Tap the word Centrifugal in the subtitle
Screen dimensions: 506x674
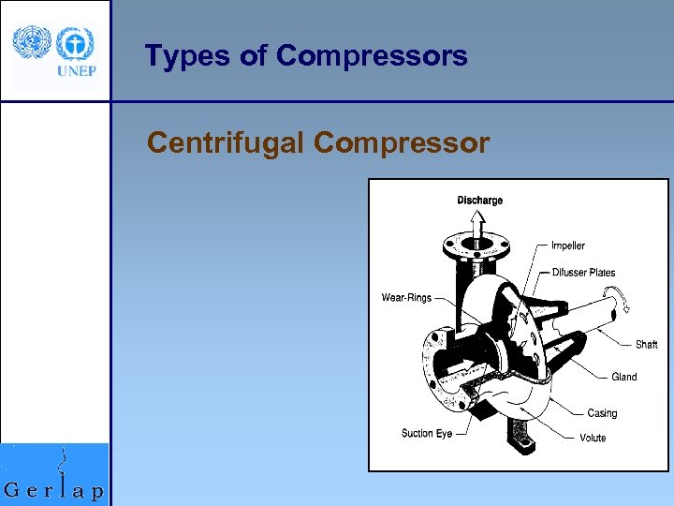(227, 143)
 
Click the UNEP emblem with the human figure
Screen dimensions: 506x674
(74, 43)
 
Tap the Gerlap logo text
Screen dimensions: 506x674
(54, 490)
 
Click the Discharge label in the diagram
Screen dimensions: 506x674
(479, 200)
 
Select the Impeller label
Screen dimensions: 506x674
(567, 246)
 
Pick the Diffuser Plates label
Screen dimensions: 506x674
(583, 273)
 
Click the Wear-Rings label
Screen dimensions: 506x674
(406, 298)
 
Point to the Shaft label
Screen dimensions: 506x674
(646, 344)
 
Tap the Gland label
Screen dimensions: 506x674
(623, 377)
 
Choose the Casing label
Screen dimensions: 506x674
(602, 413)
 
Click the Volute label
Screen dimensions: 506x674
(592, 438)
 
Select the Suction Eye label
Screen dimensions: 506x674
(427, 433)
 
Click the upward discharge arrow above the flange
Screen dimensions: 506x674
(478, 223)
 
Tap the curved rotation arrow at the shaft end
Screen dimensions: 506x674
(617, 302)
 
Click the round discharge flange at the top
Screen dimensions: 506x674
(477, 247)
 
